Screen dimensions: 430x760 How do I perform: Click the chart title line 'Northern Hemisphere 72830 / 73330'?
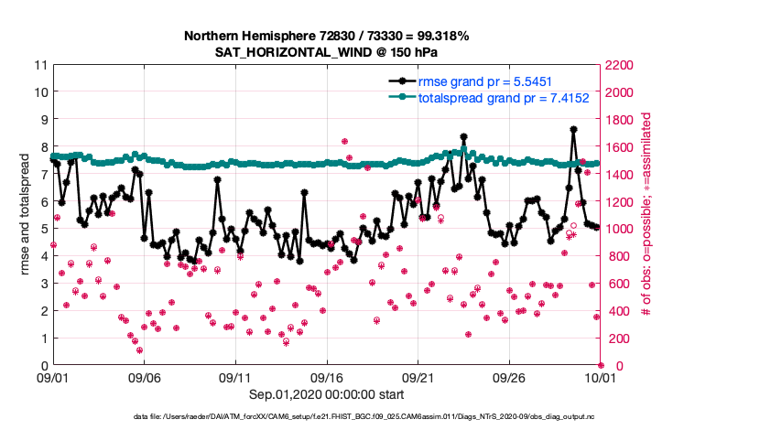[x=327, y=37]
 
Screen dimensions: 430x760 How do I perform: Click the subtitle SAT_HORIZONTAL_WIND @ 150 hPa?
[x=327, y=52]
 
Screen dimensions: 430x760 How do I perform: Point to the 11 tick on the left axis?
[x=40, y=65]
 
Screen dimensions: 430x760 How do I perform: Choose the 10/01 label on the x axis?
[x=601, y=377]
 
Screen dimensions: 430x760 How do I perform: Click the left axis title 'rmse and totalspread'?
[x=25, y=215]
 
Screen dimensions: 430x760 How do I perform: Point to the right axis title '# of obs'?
[x=646, y=215]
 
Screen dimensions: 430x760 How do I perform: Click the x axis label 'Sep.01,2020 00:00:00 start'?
[x=327, y=393]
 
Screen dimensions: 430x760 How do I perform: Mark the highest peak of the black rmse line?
[x=573, y=130]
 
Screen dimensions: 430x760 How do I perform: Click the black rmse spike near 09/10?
[x=217, y=179]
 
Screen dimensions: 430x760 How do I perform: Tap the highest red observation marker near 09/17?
[x=344, y=142]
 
